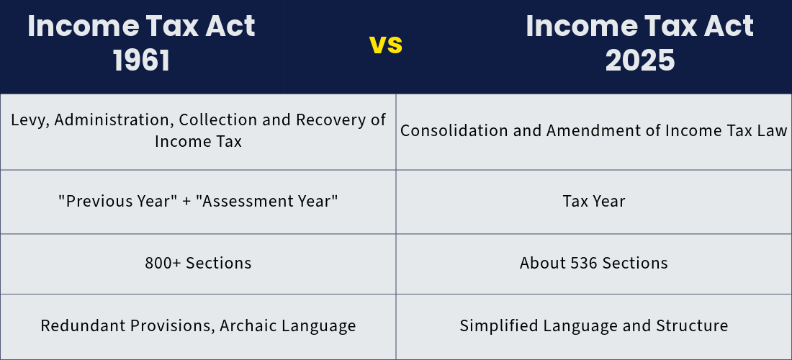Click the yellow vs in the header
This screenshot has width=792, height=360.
point(386,45)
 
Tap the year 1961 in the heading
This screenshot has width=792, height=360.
point(141,60)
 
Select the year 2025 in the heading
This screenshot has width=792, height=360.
point(640,60)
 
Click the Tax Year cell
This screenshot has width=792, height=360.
point(594,202)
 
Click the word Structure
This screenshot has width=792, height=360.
point(692,325)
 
